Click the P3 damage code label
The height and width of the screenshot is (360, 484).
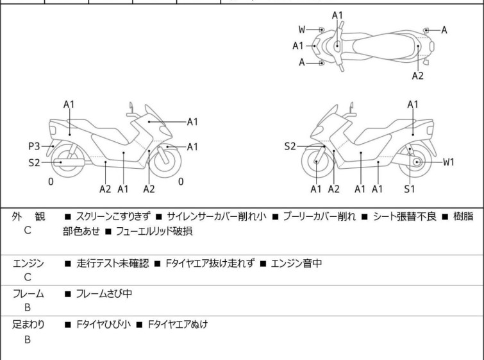tap(34, 146)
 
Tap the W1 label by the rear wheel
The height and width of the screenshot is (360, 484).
tap(449, 162)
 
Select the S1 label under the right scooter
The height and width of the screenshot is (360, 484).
tap(410, 189)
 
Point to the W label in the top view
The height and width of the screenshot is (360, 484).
tap(302, 30)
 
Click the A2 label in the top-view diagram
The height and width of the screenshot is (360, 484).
tap(417, 76)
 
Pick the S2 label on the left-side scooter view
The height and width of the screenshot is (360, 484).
tap(34, 162)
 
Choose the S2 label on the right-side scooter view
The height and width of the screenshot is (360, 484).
tap(290, 146)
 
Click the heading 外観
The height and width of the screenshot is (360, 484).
tap(28, 216)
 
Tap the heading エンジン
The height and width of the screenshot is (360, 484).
tap(28, 263)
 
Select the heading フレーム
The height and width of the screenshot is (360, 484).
tap(28, 293)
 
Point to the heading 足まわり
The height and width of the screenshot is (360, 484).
tap(28, 325)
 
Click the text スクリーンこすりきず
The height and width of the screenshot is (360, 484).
tap(113, 216)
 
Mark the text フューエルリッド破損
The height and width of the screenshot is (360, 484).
tap(154, 231)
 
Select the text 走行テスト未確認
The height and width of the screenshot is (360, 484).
tap(113, 263)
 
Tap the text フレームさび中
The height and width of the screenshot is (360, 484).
tap(104, 293)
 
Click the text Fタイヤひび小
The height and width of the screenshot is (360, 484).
tap(104, 325)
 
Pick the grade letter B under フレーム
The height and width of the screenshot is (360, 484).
tap(28, 308)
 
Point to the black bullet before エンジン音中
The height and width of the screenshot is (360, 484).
tap(263, 264)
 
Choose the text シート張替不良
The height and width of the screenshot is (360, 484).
tap(405, 216)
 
